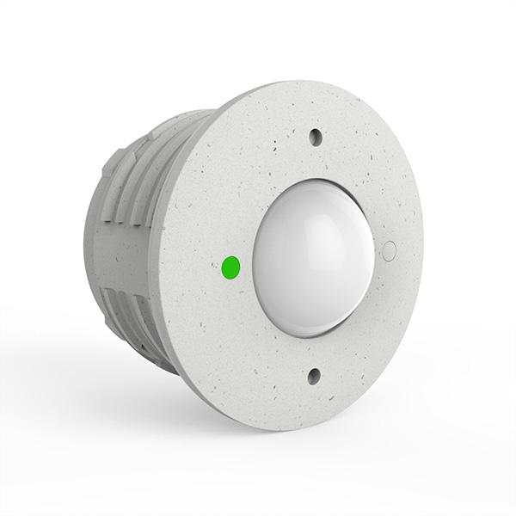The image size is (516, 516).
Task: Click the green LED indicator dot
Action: [x=230, y=267]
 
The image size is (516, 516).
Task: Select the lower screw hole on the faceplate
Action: [x=312, y=375]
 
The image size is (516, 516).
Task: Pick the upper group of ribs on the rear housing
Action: [x=142, y=168]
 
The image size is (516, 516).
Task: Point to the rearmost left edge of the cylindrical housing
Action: [x=86, y=249]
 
